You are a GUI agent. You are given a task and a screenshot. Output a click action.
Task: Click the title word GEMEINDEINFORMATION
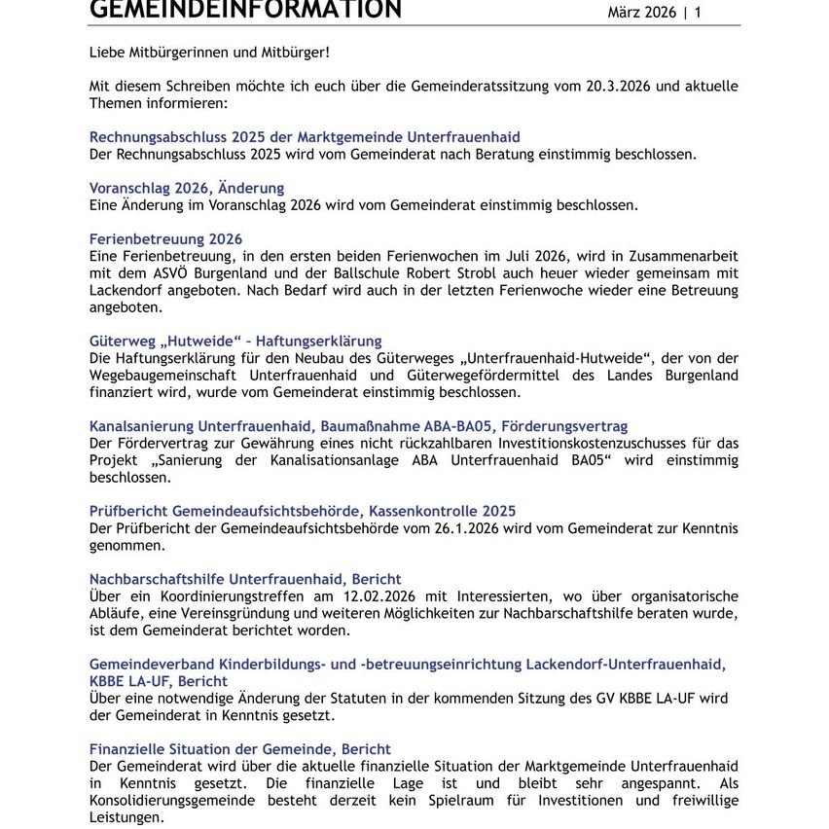tap(245, 10)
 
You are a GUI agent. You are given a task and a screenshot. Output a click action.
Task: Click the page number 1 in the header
tap(697, 13)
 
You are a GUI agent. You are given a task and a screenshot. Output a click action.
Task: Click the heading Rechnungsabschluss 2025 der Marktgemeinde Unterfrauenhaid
tap(305, 137)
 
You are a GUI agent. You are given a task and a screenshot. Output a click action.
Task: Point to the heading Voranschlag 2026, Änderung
tap(187, 188)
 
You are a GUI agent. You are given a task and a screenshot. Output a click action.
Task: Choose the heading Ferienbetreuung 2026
tap(165, 238)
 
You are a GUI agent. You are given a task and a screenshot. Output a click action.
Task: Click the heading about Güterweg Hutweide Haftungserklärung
tap(235, 341)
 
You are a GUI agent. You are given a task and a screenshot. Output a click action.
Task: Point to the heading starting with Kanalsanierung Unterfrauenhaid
tap(358, 426)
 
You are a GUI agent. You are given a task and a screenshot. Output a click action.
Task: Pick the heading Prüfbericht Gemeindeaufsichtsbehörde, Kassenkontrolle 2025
tap(303, 511)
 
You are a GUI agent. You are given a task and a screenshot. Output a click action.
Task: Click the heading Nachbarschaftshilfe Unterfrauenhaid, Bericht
tap(245, 579)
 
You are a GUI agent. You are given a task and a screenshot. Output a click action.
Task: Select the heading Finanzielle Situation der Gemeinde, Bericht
tap(240, 749)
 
